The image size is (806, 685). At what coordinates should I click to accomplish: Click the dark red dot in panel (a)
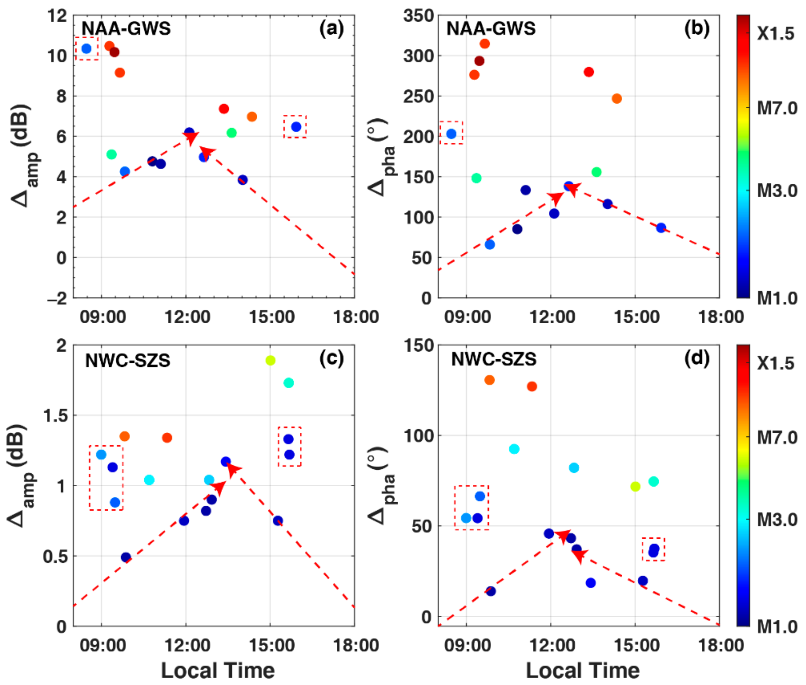(x=114, y=52)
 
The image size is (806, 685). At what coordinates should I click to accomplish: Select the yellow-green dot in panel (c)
(x=270, y=360)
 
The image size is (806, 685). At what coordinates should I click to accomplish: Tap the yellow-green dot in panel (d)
(x=635, y=486)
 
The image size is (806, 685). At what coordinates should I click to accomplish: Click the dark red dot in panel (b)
(x=479, y=61)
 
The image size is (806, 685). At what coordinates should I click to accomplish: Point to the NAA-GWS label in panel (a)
(x=126, y=29)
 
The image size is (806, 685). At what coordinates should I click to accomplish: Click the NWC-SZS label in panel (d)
(x=494, y=359)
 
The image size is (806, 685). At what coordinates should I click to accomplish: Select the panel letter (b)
(x=697, y=29)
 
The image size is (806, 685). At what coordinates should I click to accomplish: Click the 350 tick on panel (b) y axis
(x=418, y=16)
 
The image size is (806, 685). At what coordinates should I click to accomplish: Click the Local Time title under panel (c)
(x=218, y=671)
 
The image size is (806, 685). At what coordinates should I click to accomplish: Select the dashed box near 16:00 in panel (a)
(x=295, y=127)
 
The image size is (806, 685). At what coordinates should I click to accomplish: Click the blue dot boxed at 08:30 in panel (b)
(x=451, y=134)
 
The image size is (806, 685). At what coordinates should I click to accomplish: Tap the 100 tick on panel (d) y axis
(x=419, y=436)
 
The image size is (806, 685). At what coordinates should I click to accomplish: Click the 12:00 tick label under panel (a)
(x=187, y=317)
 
